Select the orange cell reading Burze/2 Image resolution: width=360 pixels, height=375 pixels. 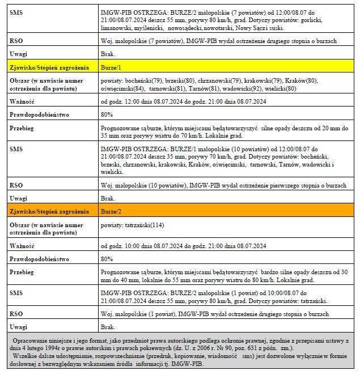111,212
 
